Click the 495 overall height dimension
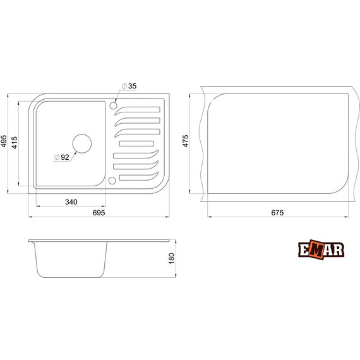pos(4,142)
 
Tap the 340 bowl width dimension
pos(70,202)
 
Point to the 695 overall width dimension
pos(99,213)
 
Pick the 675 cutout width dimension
pos(277,213)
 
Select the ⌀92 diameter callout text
pos(61,157)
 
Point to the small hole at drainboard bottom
pos(112,181)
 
